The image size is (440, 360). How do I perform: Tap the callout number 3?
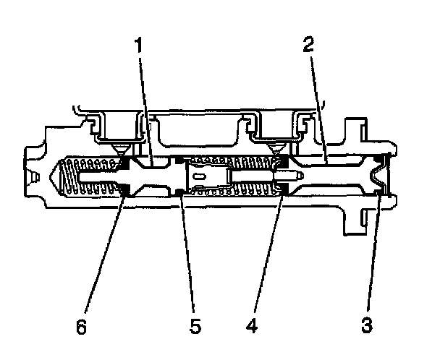pyautogui.click(x=367, y=325)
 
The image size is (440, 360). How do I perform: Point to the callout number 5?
pyautogui.click(x=193, y=325)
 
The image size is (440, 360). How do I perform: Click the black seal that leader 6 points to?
pyautogui.click(x=124, y=191)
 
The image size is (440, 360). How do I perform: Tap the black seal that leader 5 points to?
pyautogui.click(x=179, y=191)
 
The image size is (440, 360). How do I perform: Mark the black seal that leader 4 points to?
pyautogui.click(x=283, y=189)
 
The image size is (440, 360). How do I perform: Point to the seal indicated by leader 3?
pyautogui.click(x=381, y=192)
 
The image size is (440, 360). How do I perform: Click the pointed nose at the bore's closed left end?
pyautogui.click(x=52, y=175)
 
